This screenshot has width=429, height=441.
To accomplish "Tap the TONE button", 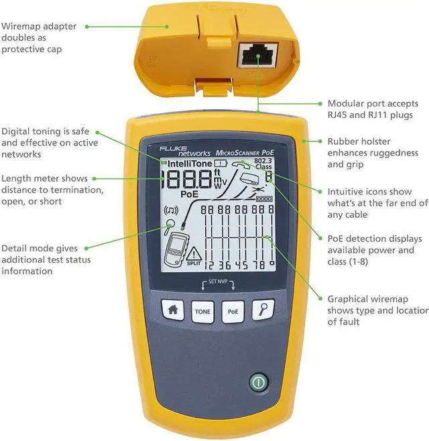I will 202,311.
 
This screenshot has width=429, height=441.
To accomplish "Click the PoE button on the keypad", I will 232,311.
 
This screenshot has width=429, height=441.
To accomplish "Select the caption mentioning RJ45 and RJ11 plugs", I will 372,109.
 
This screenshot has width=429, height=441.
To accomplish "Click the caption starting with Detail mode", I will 46,259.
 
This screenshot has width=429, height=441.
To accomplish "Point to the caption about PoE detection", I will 375,250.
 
